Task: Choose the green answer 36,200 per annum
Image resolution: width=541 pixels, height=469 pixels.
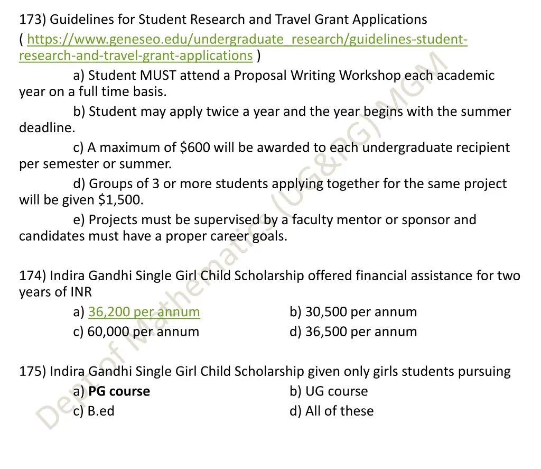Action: [x=144, y=312]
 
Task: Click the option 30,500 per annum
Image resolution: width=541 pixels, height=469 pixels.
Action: [x=360, y=312]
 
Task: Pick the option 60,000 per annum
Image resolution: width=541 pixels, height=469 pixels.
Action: [x=143, y=332]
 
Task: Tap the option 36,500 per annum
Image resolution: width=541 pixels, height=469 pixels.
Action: [x=360, y=332]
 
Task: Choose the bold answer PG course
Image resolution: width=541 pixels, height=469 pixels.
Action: [x=119, y=391]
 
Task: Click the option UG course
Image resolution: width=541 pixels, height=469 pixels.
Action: [x=336, y=391]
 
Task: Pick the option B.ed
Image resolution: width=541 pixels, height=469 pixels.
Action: [x=101, y=411]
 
